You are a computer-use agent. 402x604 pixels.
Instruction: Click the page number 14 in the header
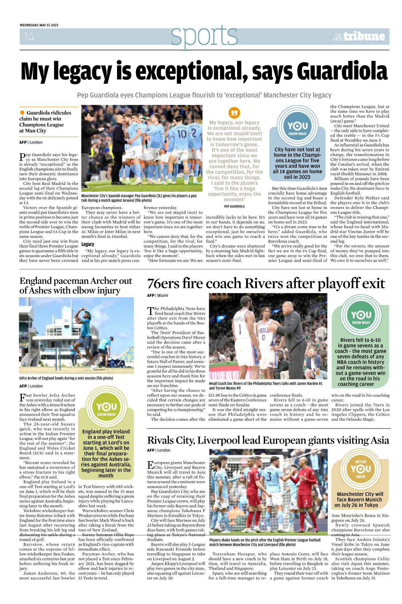pos(29,37)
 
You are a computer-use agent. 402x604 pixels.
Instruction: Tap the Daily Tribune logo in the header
pos(359,37)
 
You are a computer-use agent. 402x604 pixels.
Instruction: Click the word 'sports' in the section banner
pos(204,36)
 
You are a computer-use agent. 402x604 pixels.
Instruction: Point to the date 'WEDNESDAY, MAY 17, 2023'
pos(39,25)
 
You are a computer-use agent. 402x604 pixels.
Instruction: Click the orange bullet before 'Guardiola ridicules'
pos(22,112)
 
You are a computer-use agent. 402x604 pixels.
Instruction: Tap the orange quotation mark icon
pos(234,113)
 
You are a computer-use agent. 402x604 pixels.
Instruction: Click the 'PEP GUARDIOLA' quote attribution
pos(234,206)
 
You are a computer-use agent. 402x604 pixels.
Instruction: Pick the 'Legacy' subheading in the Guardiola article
pos(88,244)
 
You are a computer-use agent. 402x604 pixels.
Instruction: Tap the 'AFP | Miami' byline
pos(157,295)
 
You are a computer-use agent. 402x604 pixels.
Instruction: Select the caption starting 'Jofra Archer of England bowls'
pos(66,378)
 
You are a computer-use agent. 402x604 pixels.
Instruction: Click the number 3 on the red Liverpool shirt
pos(306,502)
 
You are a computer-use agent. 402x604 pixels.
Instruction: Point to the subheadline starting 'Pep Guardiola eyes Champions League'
pos(204,95)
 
